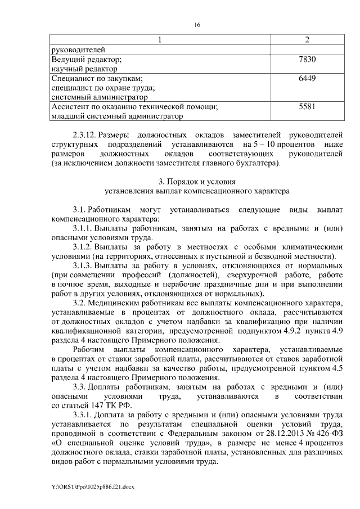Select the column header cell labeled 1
[160, 40]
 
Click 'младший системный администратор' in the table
[117, 116]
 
